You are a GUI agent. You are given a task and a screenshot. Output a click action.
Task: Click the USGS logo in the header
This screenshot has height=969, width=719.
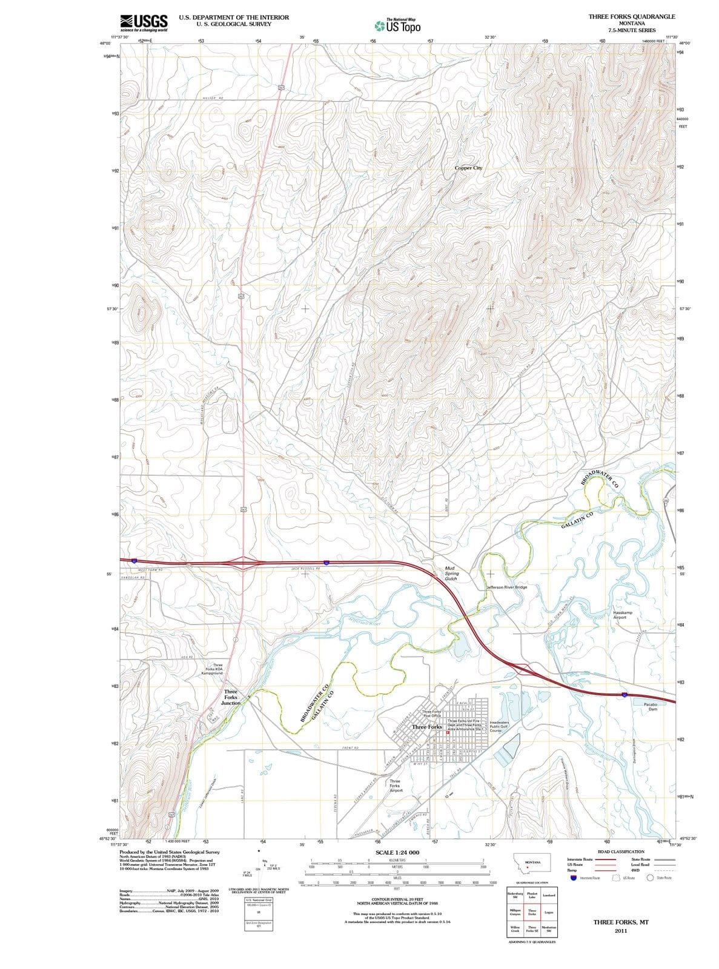(144, 22)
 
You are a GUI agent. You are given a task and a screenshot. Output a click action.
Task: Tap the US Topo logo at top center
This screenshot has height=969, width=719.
(396, 25)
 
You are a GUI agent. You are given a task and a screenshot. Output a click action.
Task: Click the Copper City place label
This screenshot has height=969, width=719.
(468, 168)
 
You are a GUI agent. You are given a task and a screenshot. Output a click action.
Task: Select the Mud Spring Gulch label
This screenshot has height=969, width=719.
(451, 574)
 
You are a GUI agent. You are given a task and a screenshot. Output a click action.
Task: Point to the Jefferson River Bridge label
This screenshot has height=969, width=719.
(506, 587)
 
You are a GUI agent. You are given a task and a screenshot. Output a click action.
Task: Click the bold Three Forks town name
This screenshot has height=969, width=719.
(426, 726)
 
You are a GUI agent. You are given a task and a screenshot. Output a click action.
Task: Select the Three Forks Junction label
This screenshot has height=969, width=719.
(231, 697)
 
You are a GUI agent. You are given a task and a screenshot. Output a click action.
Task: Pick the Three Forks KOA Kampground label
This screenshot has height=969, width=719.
(214, 669)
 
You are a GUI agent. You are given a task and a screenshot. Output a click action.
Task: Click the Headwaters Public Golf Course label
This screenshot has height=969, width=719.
(499, 727)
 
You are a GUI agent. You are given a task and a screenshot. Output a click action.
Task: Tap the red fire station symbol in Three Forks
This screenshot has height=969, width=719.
(448, 733)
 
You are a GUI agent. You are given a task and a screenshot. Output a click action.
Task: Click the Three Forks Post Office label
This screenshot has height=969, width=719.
(431, 713)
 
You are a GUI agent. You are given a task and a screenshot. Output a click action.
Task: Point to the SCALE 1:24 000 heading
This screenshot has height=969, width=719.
(397, 853)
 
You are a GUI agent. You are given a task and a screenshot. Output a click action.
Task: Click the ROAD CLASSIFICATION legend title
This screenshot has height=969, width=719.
(621, 852)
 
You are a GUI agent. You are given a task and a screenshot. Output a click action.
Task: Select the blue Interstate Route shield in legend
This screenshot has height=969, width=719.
(572, 878)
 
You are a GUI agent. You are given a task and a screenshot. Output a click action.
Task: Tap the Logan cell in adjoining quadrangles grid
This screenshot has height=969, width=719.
(548, 912)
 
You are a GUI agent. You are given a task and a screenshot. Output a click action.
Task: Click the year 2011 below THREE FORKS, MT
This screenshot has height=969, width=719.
(620, 931)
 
